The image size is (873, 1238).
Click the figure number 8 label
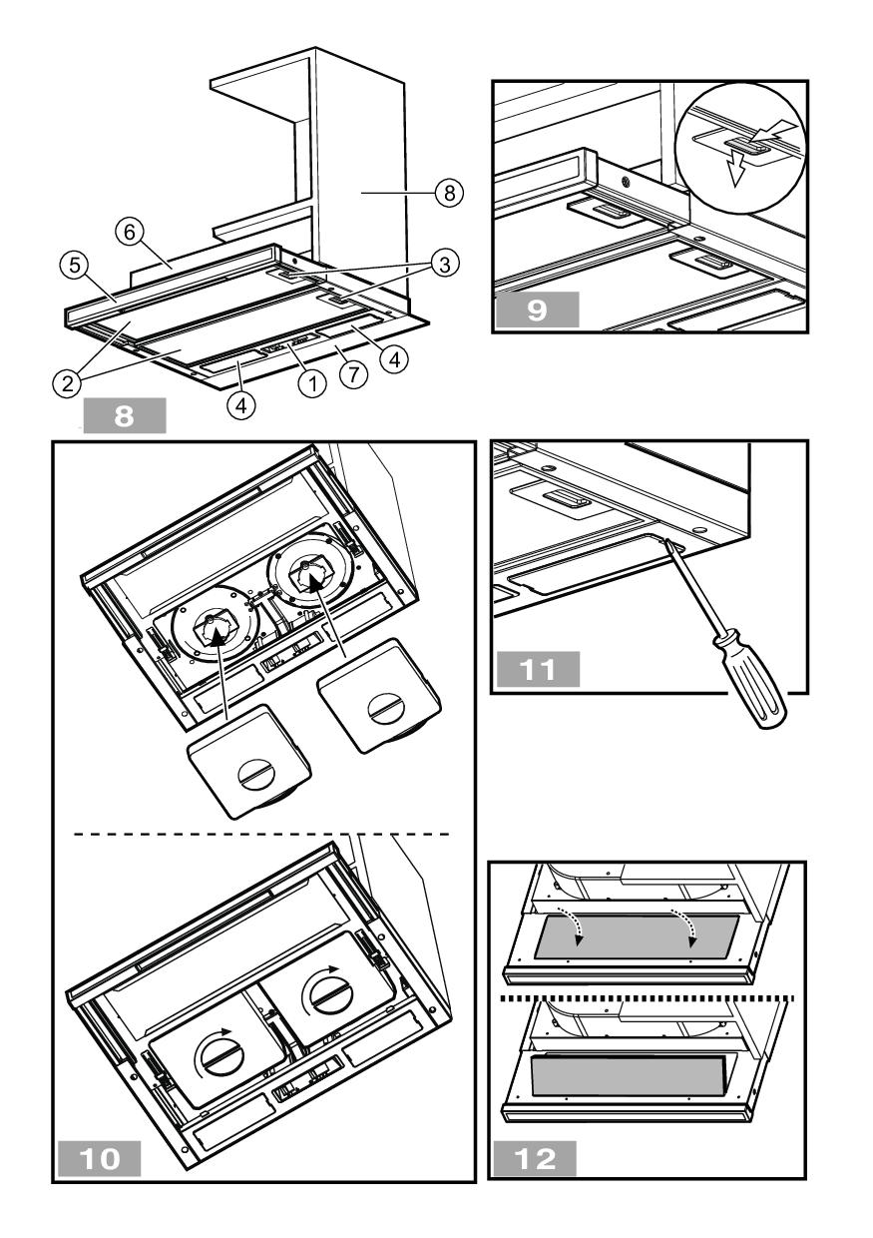pos(126,413)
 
